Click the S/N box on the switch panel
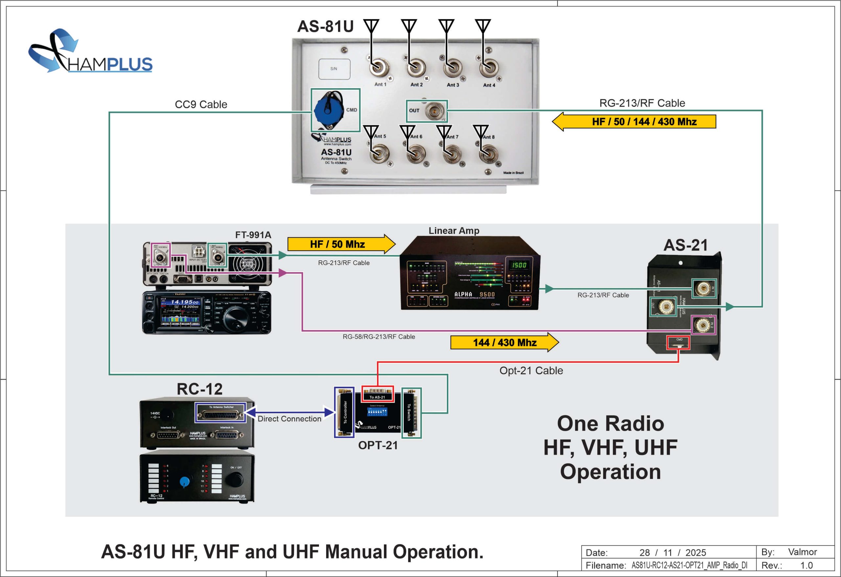coord(334,69)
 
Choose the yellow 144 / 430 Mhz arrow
coord(504,342)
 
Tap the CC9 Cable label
coord(201,104)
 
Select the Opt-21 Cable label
coord(531,371)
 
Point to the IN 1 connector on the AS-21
coord(703,289)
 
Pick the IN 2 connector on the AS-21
coord(703,325)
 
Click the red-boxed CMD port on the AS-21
coord(678,342)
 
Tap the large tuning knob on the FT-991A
coord(236,318)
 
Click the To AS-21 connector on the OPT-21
coord(377,393)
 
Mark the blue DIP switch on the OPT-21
coord(377,412)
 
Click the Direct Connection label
coord(289,419)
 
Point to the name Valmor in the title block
coord(802,552)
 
